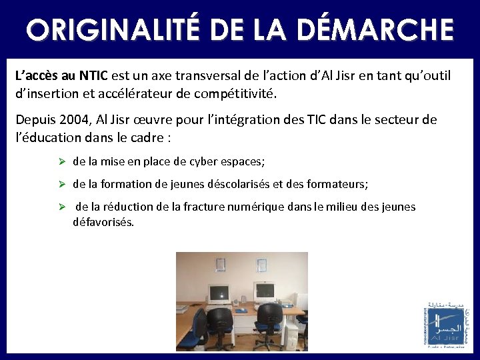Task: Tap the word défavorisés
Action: pos(103,221)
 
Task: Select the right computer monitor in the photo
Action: pos(264,291)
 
